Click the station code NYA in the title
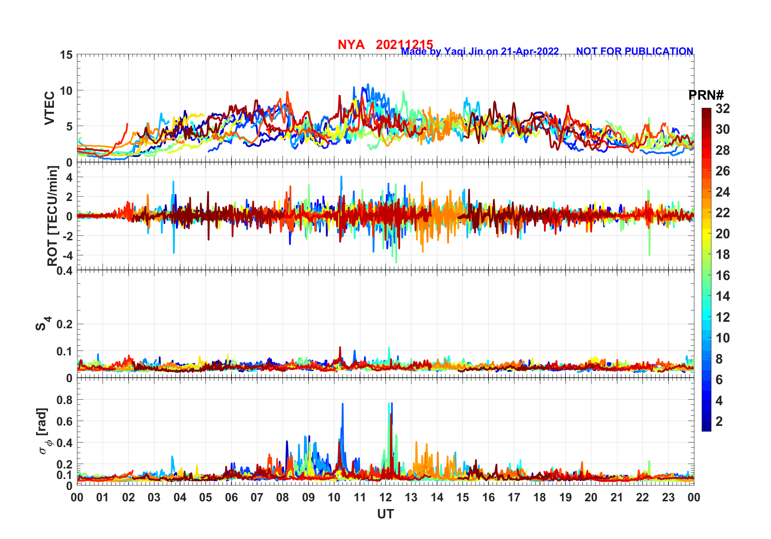click(351, 45)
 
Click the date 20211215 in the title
click(404, 45)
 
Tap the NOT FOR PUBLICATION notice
click(634, 51)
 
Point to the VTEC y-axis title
click(49, 108)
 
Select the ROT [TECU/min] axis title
click(52, 216)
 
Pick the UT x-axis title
click(385, 514)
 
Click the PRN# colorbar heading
click(706, 95)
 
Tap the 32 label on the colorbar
click(722, 109)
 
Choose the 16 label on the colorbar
click(722, 276)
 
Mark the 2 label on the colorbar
click(719, 421)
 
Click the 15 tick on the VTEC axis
click(66, 55)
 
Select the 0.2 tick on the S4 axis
click(64, 324)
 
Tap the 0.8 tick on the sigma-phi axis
click(64, 400)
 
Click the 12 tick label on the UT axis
click(385, 497)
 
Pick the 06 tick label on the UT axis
click(231, 497)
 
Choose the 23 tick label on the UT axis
click(668, 497)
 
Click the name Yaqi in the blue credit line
click(455, 51)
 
